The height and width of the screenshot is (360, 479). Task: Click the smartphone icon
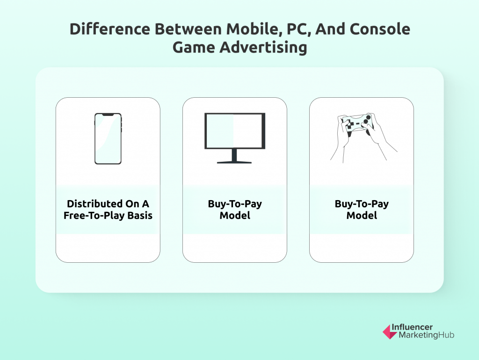coord(108,139)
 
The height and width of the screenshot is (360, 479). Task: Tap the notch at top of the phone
coord(108,115)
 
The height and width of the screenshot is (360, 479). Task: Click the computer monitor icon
coord(235,138)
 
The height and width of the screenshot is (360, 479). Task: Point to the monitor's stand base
coord(234,162)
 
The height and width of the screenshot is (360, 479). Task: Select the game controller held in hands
coord(357,124)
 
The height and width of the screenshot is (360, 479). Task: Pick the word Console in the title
coord(380,29)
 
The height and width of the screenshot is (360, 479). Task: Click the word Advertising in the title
coord(263,48)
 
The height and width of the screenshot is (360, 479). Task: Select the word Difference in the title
coord(110,29)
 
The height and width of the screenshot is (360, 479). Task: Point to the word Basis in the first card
coord(140,216)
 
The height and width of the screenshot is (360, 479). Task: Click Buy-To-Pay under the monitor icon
coord(235,204)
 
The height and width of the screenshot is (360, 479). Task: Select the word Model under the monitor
coord(235,216)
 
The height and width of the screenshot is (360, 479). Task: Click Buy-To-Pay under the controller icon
coord(362,204)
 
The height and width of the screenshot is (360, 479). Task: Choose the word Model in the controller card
coord(362,216)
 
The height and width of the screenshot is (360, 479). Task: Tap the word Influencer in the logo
coord(412,327)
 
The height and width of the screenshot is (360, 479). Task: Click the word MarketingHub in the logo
coord(427,335)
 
